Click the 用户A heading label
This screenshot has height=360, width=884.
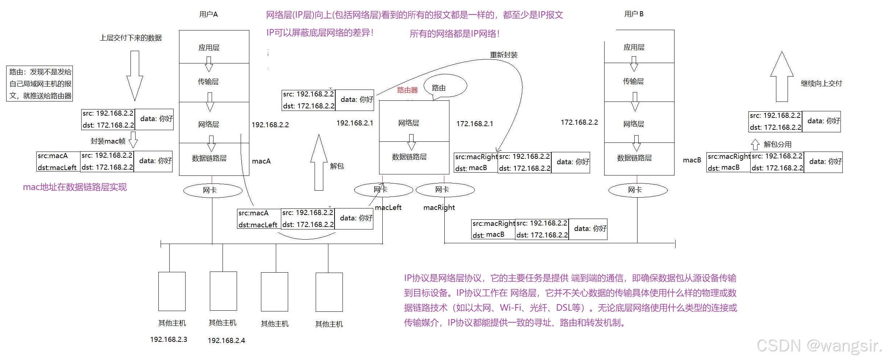(208, 15)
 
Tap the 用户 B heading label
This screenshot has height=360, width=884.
(634, 14)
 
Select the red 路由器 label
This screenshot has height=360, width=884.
(407, 90)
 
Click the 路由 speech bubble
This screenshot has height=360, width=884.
(445, 86)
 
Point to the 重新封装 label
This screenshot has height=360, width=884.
(503, 55)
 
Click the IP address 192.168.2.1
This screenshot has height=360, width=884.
(354, 123)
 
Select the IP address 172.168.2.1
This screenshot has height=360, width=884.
(474, 124)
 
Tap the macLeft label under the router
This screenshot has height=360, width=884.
(388, 207)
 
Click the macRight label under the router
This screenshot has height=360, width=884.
(439, 207)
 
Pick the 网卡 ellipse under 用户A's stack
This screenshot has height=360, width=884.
(213, 190)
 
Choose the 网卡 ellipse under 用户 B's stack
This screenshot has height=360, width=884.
(638, 190)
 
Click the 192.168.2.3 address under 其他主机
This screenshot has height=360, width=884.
(169, 340)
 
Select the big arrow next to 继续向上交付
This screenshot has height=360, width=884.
(782, 77)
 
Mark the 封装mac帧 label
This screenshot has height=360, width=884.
(108, 141)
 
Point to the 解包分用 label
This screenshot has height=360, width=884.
(777, 144)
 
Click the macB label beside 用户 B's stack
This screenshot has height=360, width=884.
(692, 160)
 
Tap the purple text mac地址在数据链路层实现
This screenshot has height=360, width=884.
(75, 187)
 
